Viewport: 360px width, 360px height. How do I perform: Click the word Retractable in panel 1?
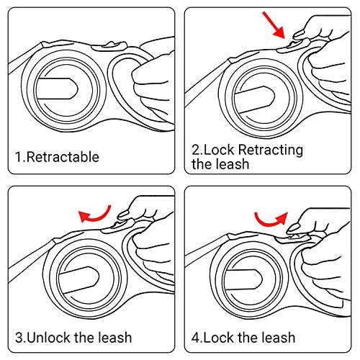[63, 157]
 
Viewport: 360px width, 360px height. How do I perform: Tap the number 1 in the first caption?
[18, 157]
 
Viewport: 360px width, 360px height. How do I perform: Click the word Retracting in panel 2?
[271, 150]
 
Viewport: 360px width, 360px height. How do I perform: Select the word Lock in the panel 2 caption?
[219, 150]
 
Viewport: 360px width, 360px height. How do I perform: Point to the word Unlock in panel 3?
[49, 338]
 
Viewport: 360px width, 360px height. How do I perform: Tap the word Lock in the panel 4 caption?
[219, 338]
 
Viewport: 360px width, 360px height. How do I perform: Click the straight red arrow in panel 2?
[274, 25]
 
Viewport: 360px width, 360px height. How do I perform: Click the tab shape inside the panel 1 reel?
[57, 89]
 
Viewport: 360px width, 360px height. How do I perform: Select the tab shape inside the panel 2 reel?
[254, 99]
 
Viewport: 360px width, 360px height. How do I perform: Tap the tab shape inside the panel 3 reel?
[79, 279]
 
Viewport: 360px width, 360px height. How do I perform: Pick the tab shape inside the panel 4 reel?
[243, 279]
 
